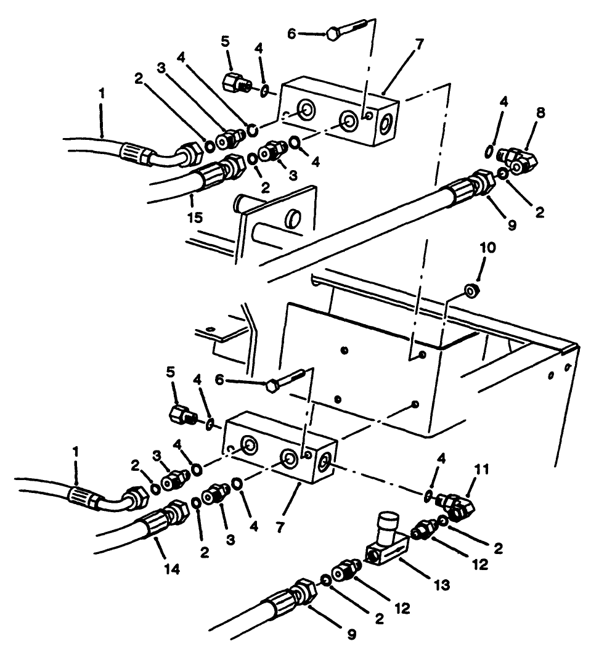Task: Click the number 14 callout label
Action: tap(173, 571)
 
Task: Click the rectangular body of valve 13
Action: tap(386, 548)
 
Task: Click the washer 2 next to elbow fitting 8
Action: tap(504, 174)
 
